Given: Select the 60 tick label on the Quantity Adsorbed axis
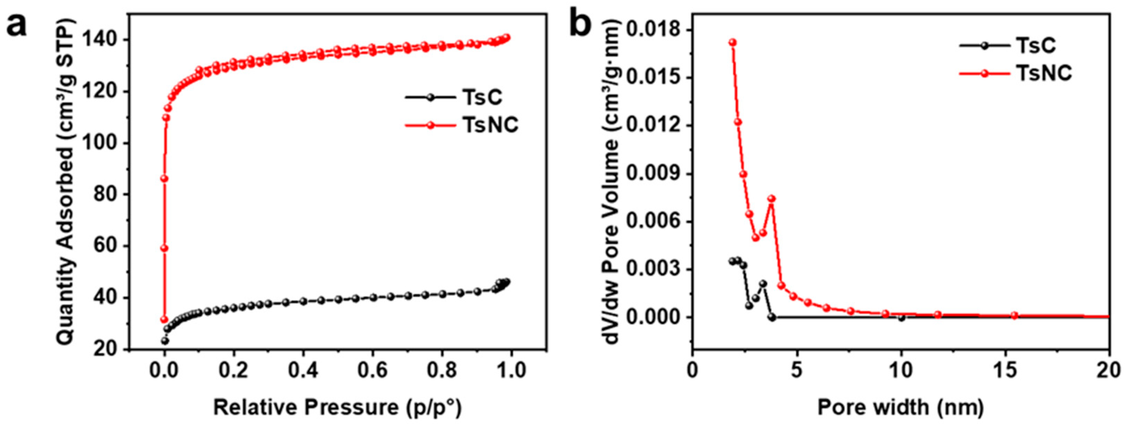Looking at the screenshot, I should click(x=108, y=247).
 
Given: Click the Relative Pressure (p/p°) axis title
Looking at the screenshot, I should click(x=337, y=407).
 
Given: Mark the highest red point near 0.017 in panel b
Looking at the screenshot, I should click(x=733, y=42).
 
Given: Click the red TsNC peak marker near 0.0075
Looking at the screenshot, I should click(x=772, y=198).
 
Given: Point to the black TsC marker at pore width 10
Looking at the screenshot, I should click(x=901, y=318).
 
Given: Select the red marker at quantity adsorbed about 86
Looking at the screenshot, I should click(x=165, y=179).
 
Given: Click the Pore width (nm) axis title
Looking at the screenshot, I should click(x=900, y=407).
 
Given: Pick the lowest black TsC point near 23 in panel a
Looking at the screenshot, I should click(x=165, y=341).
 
